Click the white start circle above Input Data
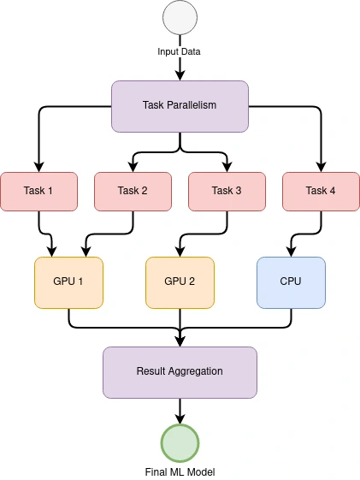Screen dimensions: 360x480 [x=180, y=17]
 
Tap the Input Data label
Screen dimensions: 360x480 [x=179, y=51]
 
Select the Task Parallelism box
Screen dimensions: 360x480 [x=180, y=107]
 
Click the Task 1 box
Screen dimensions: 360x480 [x=38, y=192]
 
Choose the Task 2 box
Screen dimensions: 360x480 [x=133, y=192]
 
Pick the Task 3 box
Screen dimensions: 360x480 [x=227, y=192]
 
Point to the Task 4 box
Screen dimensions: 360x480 [x=321, y=192]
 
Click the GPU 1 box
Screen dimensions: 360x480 [x=68, y=282]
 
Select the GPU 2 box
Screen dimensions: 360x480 [x=180, y=282]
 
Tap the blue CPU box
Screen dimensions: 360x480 [x=291, y=282]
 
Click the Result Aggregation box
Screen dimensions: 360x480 [x=180, y=372]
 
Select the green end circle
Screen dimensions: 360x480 [x=180, y=443]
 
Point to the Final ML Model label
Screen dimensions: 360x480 [x=180, y=472]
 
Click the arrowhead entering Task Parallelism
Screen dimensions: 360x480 [x=180, y=75]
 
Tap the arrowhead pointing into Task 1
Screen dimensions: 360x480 [x=38, y=167]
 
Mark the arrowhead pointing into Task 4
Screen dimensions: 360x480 [x=321, y=167]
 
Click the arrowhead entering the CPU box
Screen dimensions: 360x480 [x=291, y=252]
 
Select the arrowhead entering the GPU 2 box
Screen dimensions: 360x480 [x=180, y=252]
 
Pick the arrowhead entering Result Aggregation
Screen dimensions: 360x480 [x=180, y=341]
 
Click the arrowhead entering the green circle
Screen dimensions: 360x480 [x=180, y=418]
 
